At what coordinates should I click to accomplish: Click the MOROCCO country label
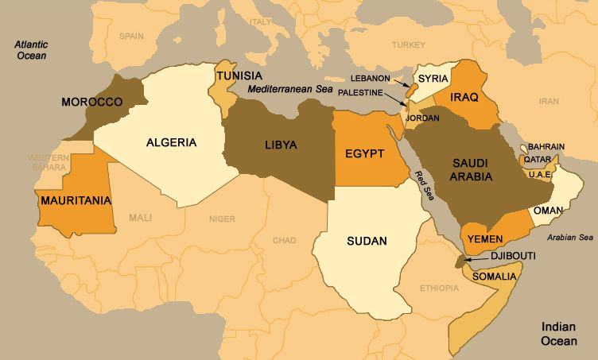pyautogui.click(x=91, y=103)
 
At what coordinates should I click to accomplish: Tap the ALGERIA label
pyautogui.click(x=171, y=143)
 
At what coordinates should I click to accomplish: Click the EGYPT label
pyautogui.click(x=365, y=153)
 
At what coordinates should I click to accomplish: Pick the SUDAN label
pyautogui.click(x=367, y=241)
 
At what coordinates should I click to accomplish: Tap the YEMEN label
pyautogui.click(x=485, y=238)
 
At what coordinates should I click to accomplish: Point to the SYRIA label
pyautogui.click(x=433, y=78)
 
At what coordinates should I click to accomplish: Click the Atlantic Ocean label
pyautogui.click(x=31, y=51)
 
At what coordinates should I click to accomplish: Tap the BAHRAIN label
pyautogui.click(x=545, y=146)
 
